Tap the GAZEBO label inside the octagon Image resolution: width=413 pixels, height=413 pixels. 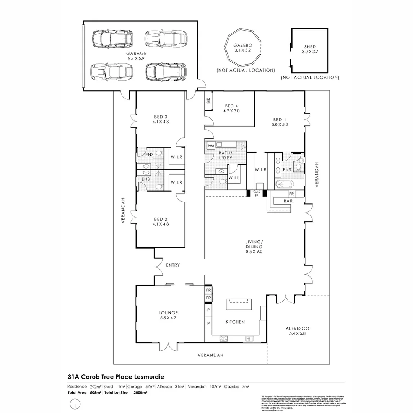(243, 45)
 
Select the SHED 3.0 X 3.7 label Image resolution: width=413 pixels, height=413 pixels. (310, 49)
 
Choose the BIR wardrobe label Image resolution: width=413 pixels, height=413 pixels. (208, 101)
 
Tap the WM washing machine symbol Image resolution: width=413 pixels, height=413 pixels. (211, 146)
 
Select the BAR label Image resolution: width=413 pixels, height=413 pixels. (288, 200)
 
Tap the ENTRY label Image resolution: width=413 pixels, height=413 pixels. (173, 265)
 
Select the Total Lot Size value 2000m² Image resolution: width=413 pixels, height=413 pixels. (140, 392)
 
